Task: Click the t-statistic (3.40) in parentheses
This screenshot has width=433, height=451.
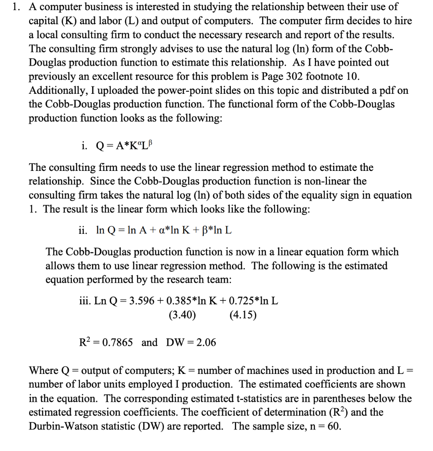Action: click(x=182, y=315)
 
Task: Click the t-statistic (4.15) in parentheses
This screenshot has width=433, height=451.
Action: click(x=243, y=315)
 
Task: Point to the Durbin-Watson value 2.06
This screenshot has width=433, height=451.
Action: click(x=206, y=342)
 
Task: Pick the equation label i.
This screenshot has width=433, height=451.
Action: click(x=84, y=146)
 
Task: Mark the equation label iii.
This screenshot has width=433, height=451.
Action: click(x=84, y=301)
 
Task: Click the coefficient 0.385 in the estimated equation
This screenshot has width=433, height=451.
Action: click(x=176, y=301)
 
